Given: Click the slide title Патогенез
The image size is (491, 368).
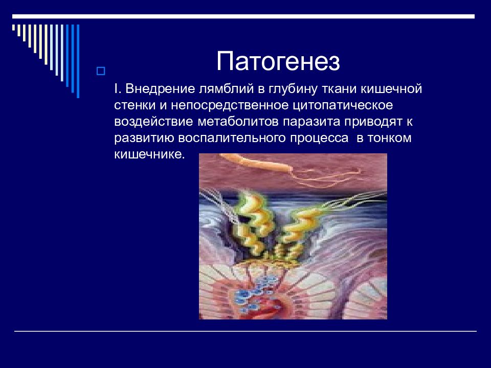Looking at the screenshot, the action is tap(278, 61).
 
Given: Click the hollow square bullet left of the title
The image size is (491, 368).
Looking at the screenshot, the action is tap(101, 72).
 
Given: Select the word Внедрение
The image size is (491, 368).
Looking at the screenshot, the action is tap(160, 89).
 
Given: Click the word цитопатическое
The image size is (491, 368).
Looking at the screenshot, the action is tap(343, 105).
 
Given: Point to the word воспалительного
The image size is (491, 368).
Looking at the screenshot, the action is tap(232, 138).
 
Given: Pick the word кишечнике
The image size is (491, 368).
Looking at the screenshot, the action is tap(149, 154).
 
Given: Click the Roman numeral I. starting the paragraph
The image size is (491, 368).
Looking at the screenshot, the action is tap(118, 89).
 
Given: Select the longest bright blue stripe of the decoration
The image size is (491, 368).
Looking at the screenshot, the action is tap(78, 61).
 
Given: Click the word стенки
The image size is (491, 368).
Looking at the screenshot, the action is tap(135, 105).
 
